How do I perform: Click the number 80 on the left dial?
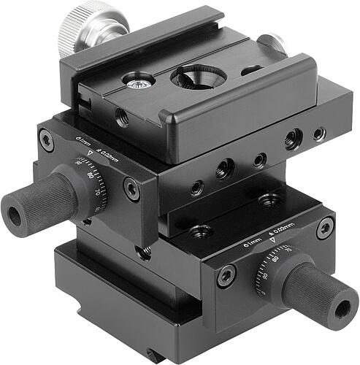click(x=91, y=176)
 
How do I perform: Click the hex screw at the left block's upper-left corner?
click(x=46, y=139)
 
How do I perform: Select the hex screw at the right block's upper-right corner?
click(x=325, y=228)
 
